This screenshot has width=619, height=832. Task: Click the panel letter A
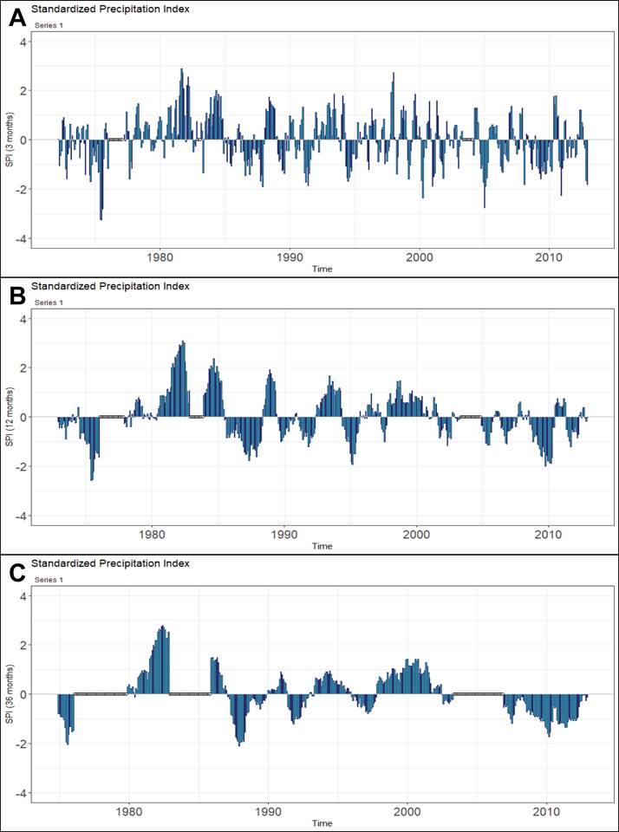click(16, 17)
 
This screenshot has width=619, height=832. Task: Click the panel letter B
click(16, 295)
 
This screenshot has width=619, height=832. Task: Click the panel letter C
click(16, 572)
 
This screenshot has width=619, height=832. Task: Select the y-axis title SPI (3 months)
click(10, 140)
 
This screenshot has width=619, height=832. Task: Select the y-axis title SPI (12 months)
click(10, 417)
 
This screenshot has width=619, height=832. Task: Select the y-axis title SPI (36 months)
click(10, 694)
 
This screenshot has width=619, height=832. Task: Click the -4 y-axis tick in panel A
click(21, 239)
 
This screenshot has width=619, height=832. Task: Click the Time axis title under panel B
click(322, 546)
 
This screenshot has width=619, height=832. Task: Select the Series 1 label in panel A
click(49, 26)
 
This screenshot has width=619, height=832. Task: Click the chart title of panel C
click(110, 563)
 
